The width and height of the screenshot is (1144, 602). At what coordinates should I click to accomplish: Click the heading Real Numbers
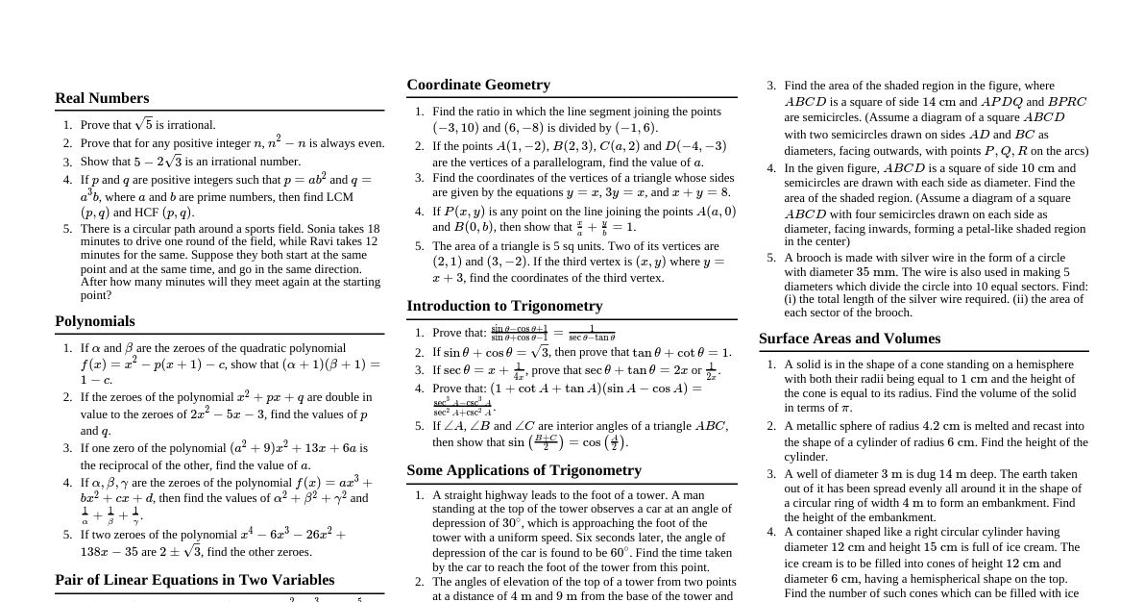(x=102, y=98)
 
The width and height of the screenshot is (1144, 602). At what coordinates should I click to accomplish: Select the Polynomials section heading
(x=95, y=321)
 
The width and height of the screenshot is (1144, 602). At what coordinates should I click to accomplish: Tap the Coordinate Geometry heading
(x=478, y=85)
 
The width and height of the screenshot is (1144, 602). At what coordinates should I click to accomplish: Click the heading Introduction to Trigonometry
(x=504, y=306)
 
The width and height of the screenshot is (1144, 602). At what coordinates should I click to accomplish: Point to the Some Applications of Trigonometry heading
(x=523, y=470)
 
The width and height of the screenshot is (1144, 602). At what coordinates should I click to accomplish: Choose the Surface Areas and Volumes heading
(x=849, y=339)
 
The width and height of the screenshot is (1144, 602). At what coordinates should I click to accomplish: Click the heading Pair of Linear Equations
(x=195, y=580)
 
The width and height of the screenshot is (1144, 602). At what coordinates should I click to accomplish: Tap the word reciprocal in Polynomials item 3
(x=127, y=465)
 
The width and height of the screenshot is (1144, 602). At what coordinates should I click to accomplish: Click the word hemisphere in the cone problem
(x=1042, y=364)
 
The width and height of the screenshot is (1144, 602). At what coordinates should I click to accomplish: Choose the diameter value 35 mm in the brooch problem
(x=874, y=272)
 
